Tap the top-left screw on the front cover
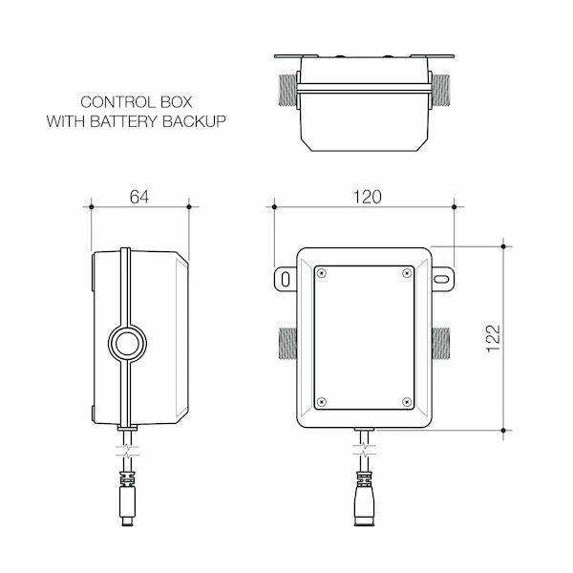coord(322,273)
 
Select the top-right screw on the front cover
coord(408,273)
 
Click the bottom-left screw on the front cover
coord(322,401)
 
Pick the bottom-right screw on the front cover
coord(408,401)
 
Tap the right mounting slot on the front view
coord(444,277)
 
